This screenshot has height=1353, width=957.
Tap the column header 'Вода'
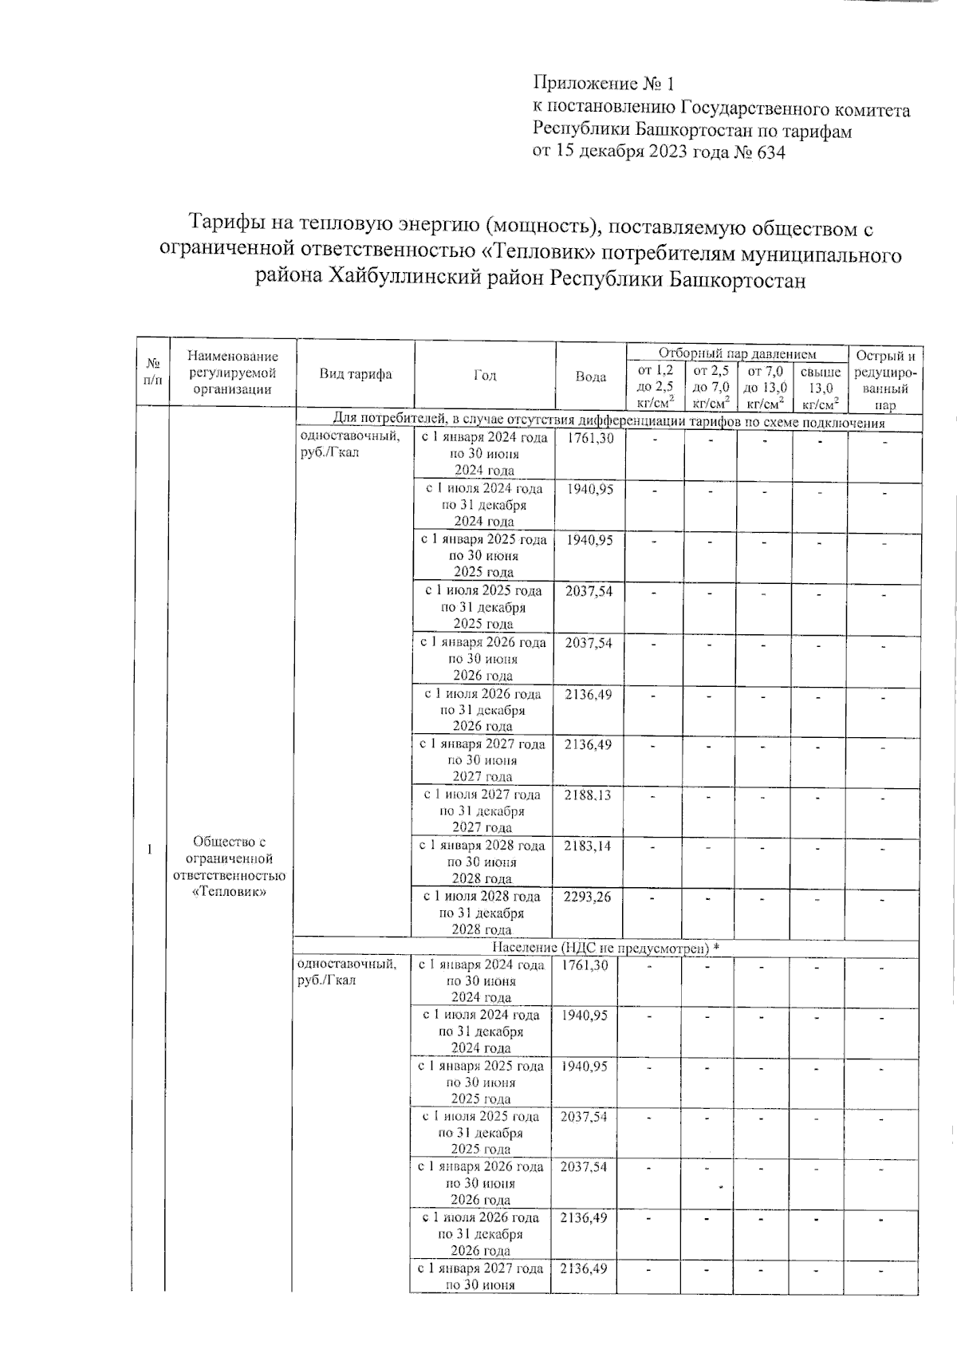[590, 377]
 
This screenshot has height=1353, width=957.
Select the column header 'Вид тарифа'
[356, 374]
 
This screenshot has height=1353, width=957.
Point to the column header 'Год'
[484, 376]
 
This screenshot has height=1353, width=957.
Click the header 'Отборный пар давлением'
[736, 353]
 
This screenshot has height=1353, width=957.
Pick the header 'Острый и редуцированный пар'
[884, 380]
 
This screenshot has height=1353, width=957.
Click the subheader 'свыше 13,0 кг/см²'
[820, 387]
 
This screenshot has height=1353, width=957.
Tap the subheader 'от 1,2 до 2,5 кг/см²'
[655, 387]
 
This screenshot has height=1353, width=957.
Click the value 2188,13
[589, 795]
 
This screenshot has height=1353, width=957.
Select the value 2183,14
[588, 846]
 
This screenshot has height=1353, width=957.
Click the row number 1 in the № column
[150, 850]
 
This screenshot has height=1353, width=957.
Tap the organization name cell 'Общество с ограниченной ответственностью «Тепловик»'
[230, 866]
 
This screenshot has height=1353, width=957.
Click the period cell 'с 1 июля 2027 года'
[482, 795]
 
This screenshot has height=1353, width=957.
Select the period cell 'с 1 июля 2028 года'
[481, 897]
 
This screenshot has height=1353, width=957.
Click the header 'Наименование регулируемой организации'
[233, 373]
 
